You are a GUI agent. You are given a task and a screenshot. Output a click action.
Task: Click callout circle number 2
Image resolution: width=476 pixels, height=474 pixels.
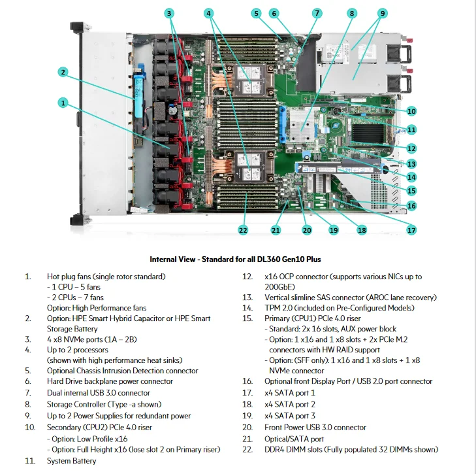(63, 72)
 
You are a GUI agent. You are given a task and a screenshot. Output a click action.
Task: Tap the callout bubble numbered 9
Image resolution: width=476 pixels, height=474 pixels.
(383, 13)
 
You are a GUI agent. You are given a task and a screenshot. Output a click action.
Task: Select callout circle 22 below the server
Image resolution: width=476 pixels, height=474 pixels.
(243, 230)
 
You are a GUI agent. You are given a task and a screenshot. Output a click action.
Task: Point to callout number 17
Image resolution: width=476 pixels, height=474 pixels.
(411, 230)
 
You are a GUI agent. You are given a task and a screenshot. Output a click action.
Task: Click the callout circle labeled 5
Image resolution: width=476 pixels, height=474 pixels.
(256, 13)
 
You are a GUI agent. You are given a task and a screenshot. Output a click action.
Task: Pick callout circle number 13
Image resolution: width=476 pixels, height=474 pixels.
(411, 164)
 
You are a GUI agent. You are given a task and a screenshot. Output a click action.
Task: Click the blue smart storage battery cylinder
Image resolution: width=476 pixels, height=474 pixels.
(138, 91)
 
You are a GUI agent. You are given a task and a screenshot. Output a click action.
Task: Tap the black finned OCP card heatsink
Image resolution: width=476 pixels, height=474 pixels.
(368, 133)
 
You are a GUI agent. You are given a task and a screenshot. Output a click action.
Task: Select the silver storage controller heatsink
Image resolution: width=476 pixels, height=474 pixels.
(302, 126)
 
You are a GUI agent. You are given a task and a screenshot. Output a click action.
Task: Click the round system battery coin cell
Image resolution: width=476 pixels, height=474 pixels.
(337, 111)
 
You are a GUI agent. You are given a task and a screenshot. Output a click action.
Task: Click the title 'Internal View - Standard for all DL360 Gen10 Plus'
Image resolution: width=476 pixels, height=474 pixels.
(235, 260)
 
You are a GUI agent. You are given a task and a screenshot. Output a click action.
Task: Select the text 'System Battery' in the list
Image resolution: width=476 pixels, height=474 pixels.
(72, 461)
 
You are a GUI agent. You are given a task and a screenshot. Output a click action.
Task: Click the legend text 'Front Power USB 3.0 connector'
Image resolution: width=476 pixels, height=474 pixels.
(315, 428)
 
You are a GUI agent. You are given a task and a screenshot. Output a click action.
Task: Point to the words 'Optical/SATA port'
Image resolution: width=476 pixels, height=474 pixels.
(294, 439)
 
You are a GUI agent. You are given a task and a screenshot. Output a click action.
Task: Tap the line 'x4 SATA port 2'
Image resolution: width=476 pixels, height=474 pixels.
(290, 405)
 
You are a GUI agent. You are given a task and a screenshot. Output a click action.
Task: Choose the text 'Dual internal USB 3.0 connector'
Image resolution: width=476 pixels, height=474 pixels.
(99, 393)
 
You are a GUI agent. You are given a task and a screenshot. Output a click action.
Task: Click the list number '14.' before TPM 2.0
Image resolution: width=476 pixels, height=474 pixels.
(247, 308)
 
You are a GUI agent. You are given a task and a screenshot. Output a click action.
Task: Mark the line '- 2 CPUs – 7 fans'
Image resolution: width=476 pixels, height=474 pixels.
(75, 297)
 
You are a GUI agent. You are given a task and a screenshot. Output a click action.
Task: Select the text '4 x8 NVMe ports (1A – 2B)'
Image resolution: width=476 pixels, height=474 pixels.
(91, 339)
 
